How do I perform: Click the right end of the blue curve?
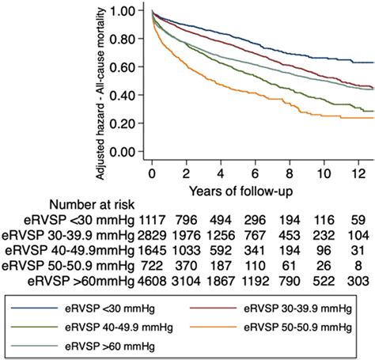[x=373, y=62]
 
